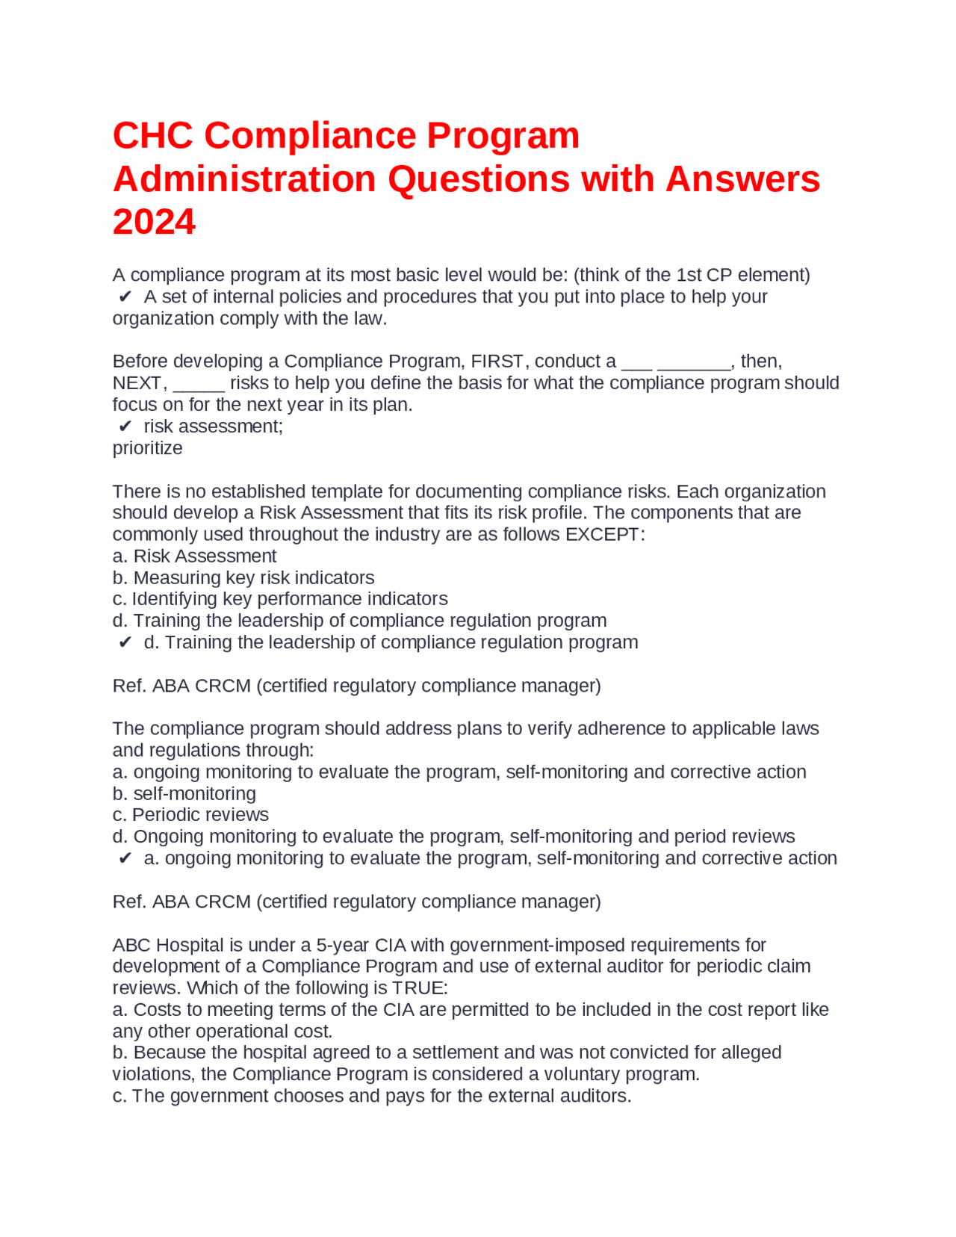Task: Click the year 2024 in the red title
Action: coord(154,222)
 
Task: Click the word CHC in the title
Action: coord(152,136)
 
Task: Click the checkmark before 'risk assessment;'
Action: coord(125,427)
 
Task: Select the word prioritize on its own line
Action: coord(147,448)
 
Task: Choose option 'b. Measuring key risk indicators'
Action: coord(243,578)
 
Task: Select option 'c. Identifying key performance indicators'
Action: coord(279,599)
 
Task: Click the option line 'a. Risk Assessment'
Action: coord(194,557)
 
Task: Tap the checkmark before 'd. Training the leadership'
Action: coord(125,642)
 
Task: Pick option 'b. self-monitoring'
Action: coord(184,794)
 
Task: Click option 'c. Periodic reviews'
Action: coord(190,815)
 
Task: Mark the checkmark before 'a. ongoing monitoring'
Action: coord(125,858)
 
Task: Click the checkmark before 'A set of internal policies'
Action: coord(125,297)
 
